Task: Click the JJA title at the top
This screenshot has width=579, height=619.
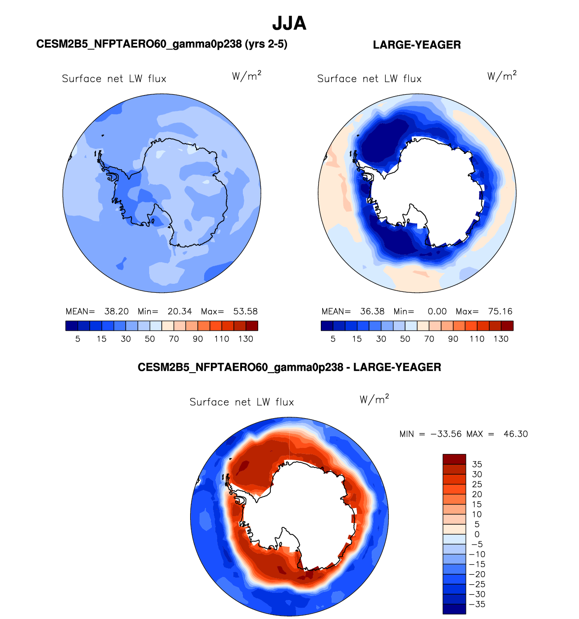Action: coord(289,23)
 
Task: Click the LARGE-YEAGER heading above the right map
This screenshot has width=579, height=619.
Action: coord(417,45)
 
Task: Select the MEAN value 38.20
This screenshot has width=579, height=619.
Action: coord(116,311)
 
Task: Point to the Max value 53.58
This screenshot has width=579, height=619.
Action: coord(245,311)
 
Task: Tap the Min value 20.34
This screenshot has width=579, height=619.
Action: coord(180,311)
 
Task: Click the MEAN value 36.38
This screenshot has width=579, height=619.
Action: coord(372,311)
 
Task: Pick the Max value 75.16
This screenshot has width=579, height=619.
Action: coord(500,311)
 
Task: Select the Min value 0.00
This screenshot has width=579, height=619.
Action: coord(437,311)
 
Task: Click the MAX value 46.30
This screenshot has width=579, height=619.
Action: coord(515,434)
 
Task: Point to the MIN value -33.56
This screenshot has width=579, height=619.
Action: coord(446,434)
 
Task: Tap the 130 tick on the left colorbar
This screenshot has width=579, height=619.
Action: coord(246,339)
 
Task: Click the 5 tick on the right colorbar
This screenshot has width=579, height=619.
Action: coord(333,339)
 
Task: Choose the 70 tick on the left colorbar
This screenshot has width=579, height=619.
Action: coord(173,339)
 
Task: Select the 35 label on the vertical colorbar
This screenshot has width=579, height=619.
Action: coord(477,464)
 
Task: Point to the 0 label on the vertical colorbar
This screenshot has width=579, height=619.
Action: coord(477,535)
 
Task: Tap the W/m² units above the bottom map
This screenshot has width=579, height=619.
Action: coord(374,399)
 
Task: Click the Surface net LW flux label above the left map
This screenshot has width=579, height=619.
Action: coord(114,79)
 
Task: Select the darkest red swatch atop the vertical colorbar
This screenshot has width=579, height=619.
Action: coord(454,459)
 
